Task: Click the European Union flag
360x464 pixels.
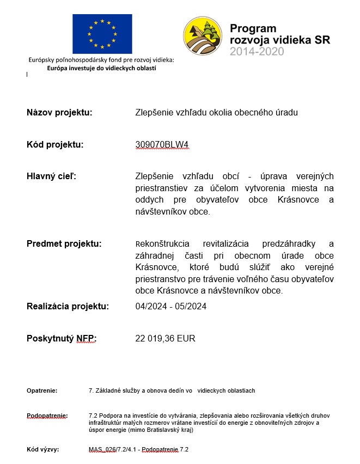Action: click(102, 34)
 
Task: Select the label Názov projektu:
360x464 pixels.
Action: click(59, 113)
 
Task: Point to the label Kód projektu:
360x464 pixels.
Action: click(55, 145)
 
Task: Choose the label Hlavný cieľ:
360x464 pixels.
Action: click(52, 176)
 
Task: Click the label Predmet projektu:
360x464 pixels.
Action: click(64, 243)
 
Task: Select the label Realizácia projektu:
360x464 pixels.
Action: click(68, 306)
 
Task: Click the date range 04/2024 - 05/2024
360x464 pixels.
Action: click(171, 306)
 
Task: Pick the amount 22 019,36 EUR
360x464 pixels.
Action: click(165, 339)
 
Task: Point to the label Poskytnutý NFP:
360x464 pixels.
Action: click(62, 339)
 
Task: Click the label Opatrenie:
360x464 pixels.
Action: click(42, 391)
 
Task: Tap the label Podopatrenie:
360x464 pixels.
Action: click(47, 416)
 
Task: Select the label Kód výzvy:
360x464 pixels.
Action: click(42, 450)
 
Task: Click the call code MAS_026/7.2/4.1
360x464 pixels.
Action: click(113, 450)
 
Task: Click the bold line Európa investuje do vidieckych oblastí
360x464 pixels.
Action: click(102, 68)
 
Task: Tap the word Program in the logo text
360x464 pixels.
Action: click(253, 28)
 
